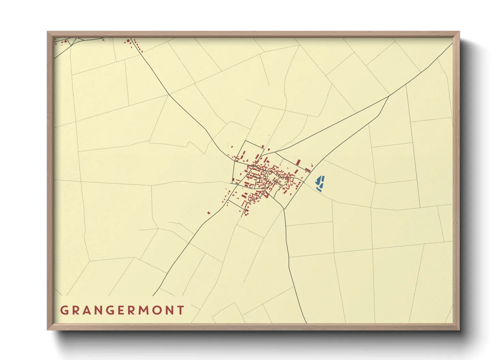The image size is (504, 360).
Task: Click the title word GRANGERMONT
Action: pyautogui.click(x=122, y=310)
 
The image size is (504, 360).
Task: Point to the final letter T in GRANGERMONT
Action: pyautogui.click(x=180, y=310)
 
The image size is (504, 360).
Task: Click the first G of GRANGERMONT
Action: pyautogui.click(x=64, y=310)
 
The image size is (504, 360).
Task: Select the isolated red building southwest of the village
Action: pyautogui.click(x=209, y=213)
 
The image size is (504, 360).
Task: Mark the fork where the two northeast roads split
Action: pyautogui.click(x=389, y=96)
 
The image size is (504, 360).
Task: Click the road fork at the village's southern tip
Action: pyautogui.click(x=284, y=209)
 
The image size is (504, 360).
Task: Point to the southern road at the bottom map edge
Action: pyautogui.click(x=306, y=322)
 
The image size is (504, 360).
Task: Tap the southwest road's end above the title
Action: pyautogui.click(x=154, y=295)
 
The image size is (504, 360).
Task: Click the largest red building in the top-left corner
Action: pyautogui.click(x=128, y=41)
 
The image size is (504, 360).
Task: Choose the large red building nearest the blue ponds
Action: pyautogui.click(x=308, y=169)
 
